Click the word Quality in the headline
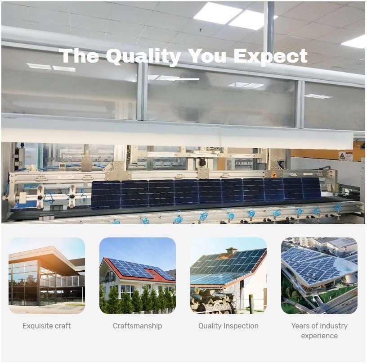pyautogui.click(x=143, y=56)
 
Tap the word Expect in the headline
pyautogui.click(x=270, y=56)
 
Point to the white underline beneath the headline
pyautogui.click(x=183, y=79)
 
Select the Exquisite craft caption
pyautogui.click(x=47, y=326)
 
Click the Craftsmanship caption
pyautogui.click(x=137, y=326)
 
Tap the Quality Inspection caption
pyautogui.click(x=228, y=326)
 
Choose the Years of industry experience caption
pyautogui.click(x=319, y=331)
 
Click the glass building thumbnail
pyautogui.click(x=47, y=276)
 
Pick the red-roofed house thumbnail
pyautogui.click(x=138, y=276)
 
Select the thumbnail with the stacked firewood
pyautogui.click(x=228, y=276)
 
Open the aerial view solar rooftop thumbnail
pyautogui.click(x=319, y=276)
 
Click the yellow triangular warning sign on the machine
pyautogui.click(x=274, y=174)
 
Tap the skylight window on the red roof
pyautogui.click(x=152, y=273)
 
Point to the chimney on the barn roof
pyautogui.click(x=231, y=251)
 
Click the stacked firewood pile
pyautogui.click(x=212, y=301)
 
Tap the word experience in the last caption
pyautogui.click(x=319, y=336)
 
